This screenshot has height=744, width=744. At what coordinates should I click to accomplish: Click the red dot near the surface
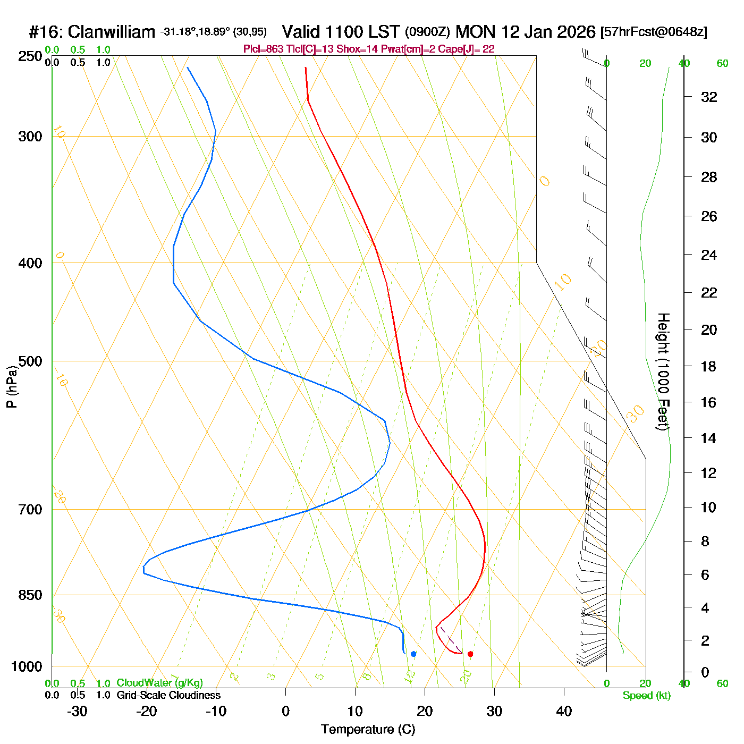pos(470,654)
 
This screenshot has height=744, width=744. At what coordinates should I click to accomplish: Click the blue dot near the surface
pos(413,654)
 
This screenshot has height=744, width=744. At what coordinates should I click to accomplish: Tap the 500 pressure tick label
pos(30,361)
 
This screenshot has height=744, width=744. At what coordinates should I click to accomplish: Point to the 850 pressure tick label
pos(30,595)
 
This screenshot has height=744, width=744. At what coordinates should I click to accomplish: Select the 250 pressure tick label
pos(30,56)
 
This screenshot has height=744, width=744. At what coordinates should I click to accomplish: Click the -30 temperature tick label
pos(77,711)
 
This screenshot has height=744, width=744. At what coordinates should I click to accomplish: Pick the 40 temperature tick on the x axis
pos(564,711)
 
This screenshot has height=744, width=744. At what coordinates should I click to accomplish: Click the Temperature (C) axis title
pos(368,730)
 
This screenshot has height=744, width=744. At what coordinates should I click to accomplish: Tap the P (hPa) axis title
pos(12,387)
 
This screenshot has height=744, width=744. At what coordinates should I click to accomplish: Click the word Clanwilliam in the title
pos(112,32)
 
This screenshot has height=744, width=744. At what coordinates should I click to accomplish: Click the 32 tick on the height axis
pos(709,97)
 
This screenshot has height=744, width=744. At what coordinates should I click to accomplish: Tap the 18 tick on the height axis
pos(709,366)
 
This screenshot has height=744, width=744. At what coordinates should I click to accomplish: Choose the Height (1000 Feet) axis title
pos(663,371)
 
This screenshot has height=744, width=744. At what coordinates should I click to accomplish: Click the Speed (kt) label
pos(647,696)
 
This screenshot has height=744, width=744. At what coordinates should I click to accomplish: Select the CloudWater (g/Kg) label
pos(159,683)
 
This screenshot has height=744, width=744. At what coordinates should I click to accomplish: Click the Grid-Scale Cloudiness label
pos(168,695)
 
